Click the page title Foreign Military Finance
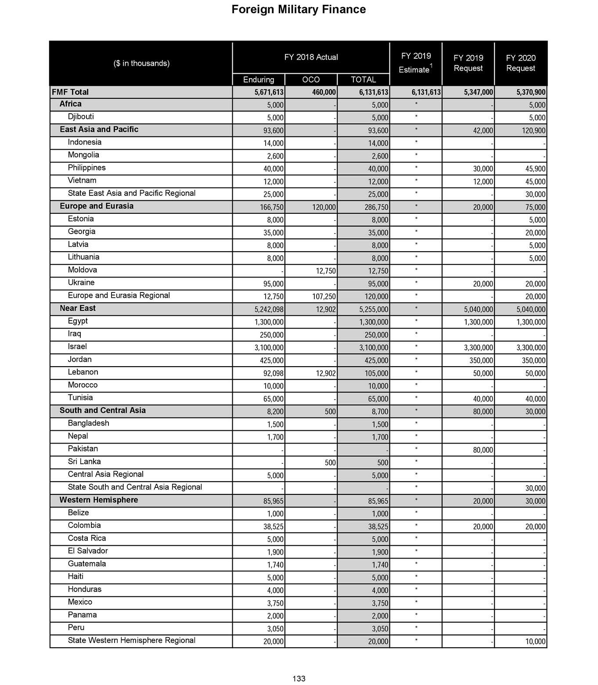(299, 10)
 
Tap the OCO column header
(311, 79)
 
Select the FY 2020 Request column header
(520, 63)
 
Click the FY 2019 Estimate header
(416, 63)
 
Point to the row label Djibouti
(81, 117)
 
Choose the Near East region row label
(78, 308)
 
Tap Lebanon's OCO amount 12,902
(326, 373)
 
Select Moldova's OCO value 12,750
(326, 271)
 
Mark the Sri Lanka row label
(84, 461)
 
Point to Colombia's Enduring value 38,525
(273, 526)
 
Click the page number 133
(299, 678)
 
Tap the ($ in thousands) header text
(141, 63)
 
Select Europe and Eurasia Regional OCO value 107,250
(324, 297)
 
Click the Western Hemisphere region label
(99, 500)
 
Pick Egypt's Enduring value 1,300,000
(269, 322)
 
